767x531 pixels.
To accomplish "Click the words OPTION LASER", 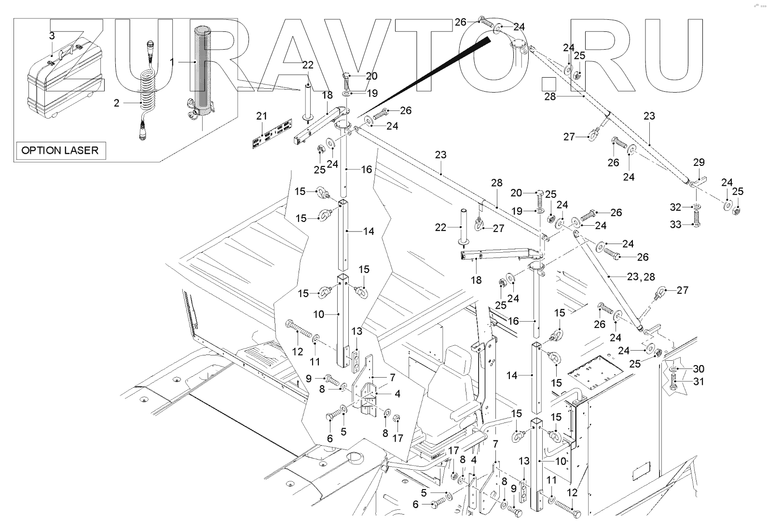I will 60,150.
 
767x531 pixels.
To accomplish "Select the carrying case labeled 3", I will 63,87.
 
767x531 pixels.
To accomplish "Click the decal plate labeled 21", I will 272,135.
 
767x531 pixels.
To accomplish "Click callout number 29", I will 699,163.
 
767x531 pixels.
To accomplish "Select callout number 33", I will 675,224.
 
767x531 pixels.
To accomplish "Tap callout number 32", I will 675,207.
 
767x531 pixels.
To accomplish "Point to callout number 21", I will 261,116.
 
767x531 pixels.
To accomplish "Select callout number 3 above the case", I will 52,36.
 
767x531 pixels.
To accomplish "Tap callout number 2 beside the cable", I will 116,103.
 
